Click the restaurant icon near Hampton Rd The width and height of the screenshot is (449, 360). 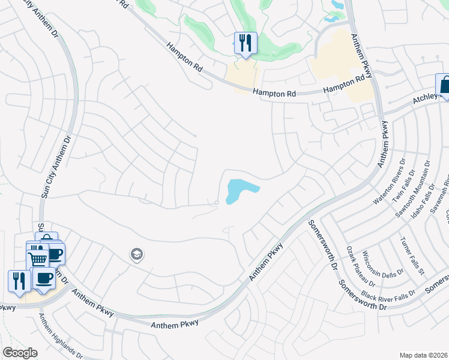click(x=245, y=43)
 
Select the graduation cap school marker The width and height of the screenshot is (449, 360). click(x=136, y=254)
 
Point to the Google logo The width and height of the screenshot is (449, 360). click(x=20, y=353)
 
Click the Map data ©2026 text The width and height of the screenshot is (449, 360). click(x=423, y=355)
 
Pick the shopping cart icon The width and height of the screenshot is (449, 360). click(x=37, y=258)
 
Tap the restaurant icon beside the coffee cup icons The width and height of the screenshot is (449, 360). click(x=19, y=281)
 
